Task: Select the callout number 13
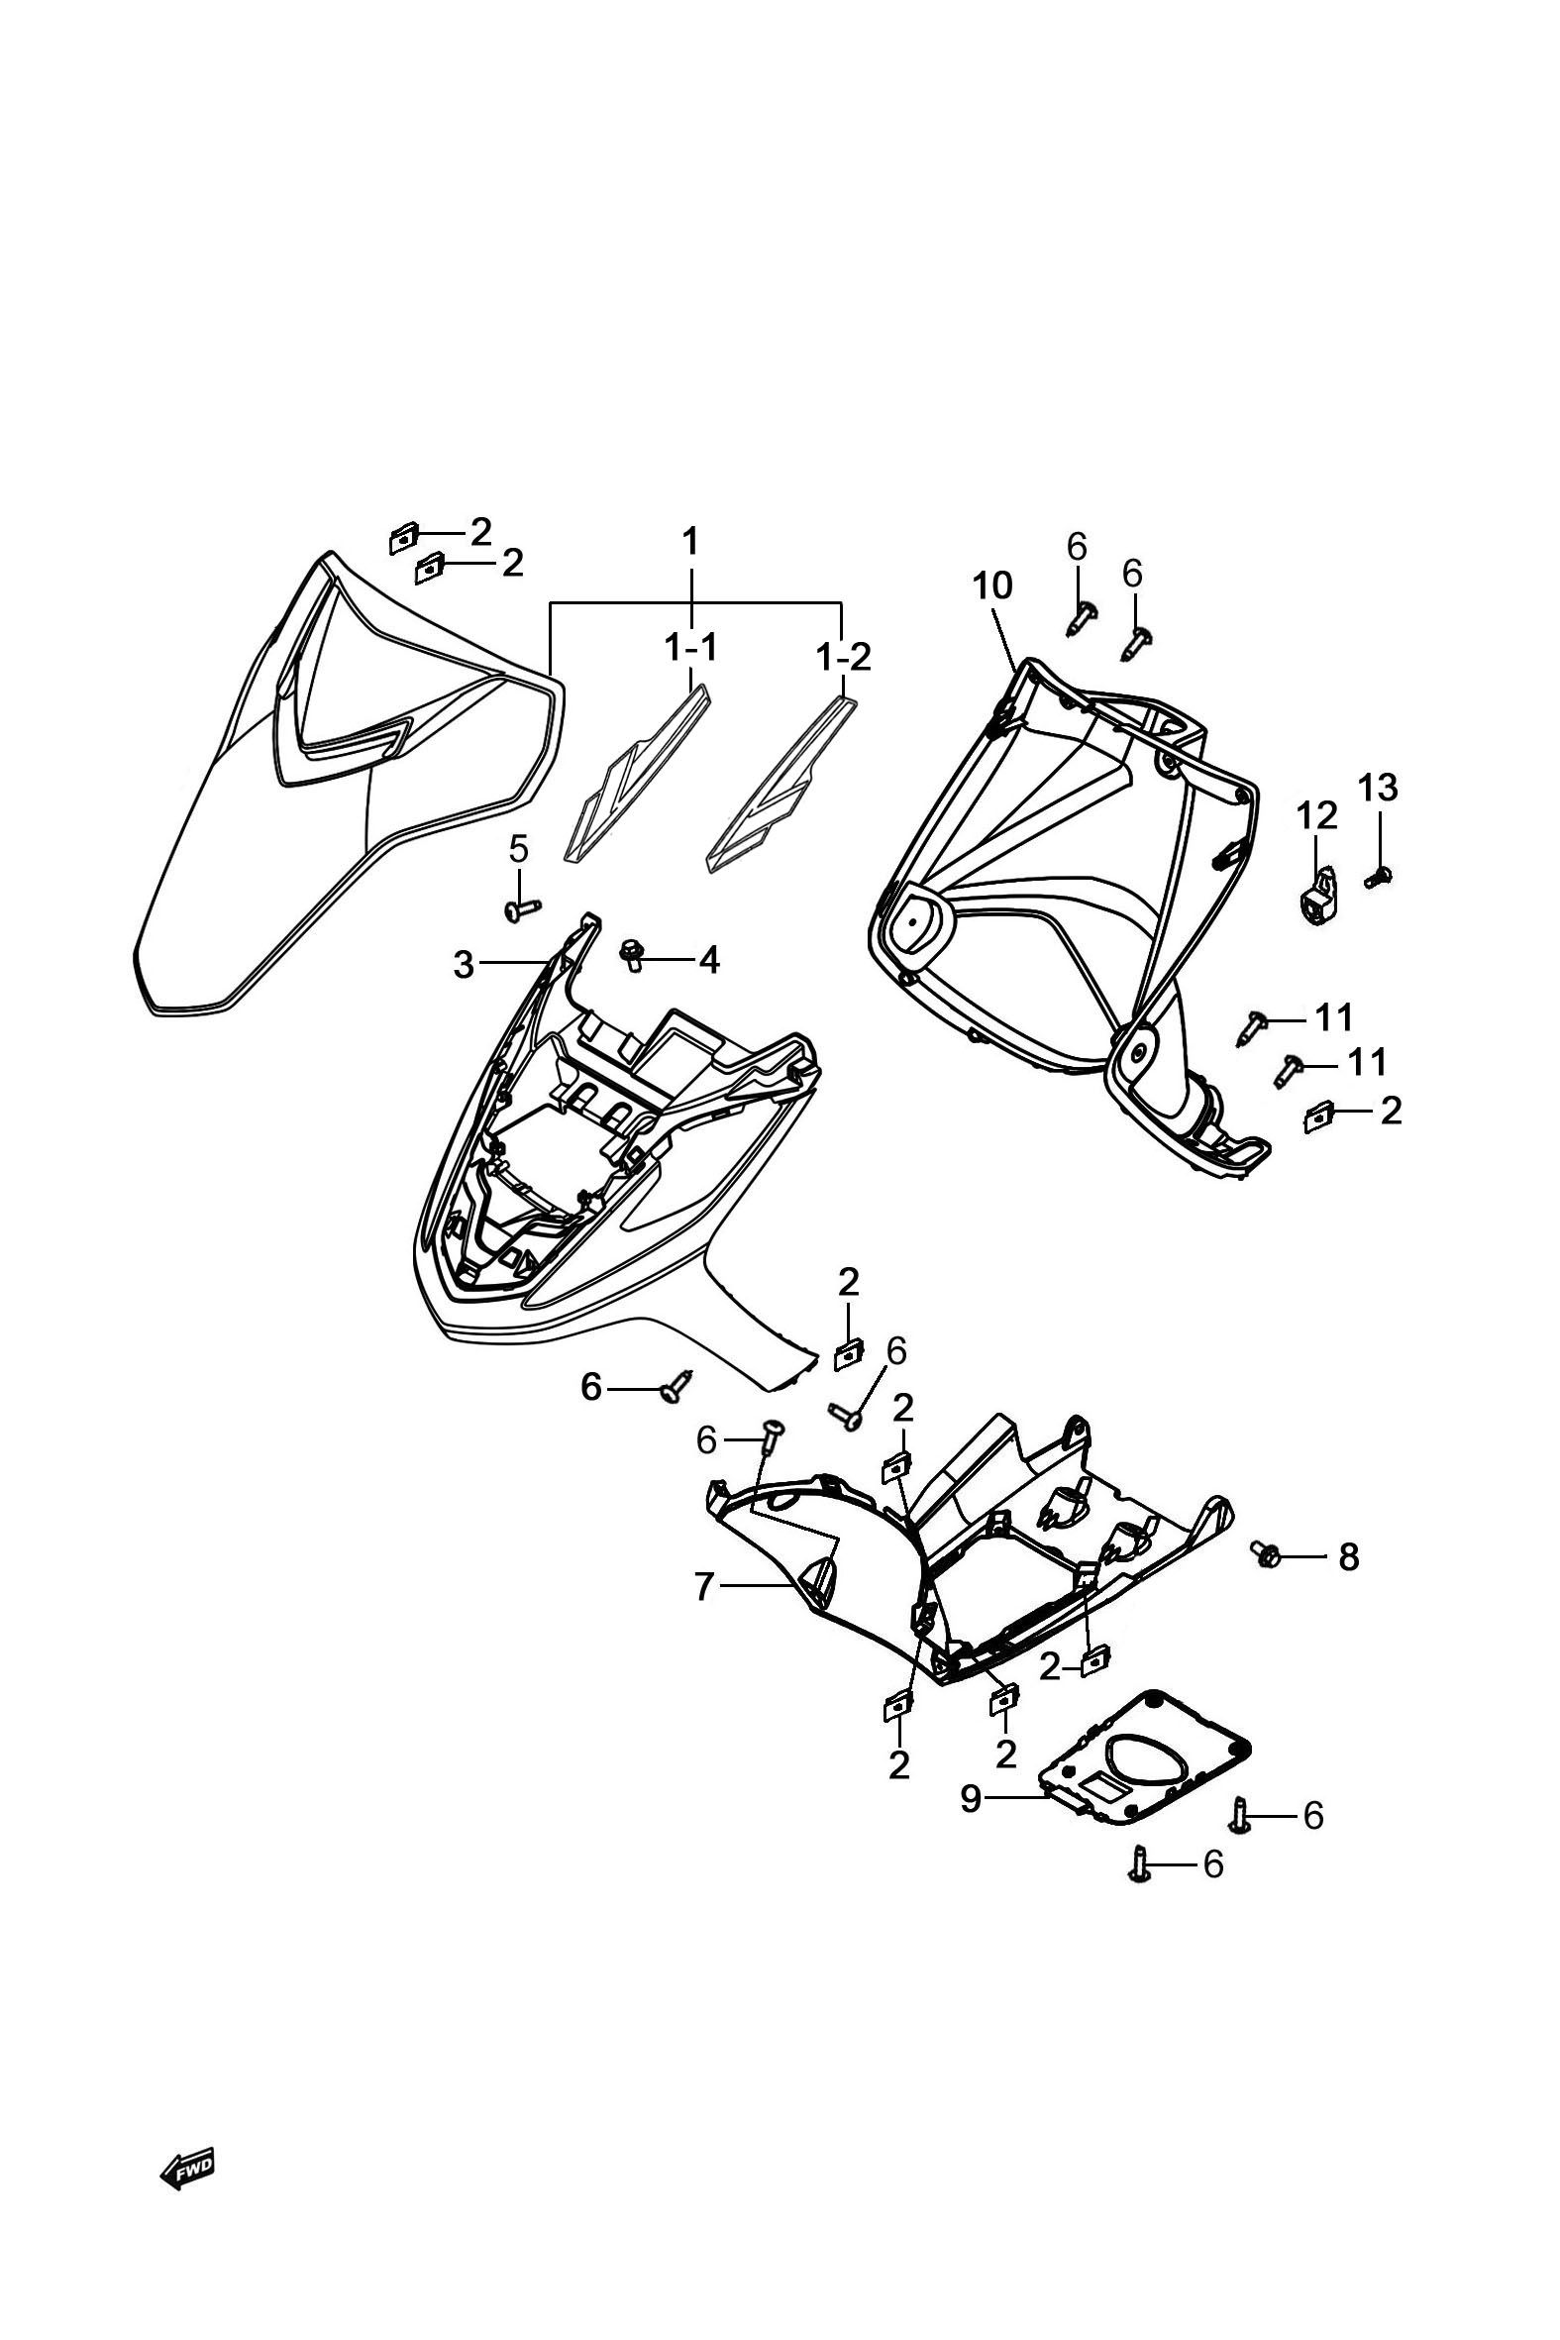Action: pyautogui.click(x=1378, y=788)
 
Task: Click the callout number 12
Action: pyautogui.click(x=1316, y=816)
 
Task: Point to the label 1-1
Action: pyautogui.click(x=690, y=648)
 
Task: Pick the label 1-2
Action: pyautogui.click(x=843, y=657)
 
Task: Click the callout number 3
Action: pyautogui.click(x=464, y=964)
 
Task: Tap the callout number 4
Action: pyautogui.click(x=708, y=960)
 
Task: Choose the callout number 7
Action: pyautogui.click(x=703, y=1588)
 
